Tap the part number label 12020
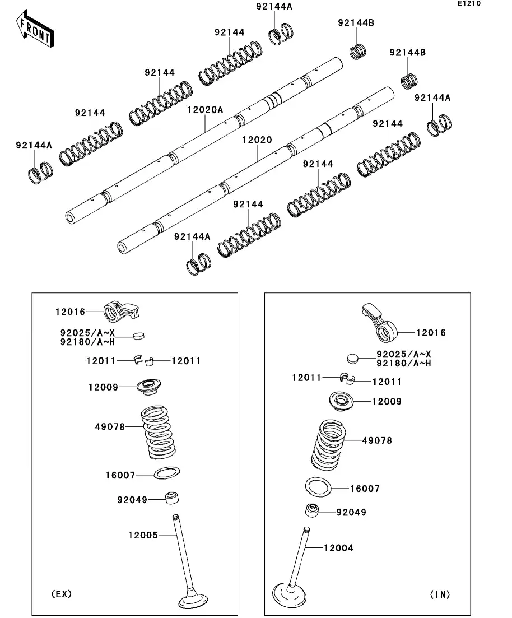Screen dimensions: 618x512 [257, 140]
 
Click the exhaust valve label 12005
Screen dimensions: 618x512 [143, 535]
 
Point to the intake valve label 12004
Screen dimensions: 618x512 [338, 548]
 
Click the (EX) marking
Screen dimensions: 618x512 [61, 594]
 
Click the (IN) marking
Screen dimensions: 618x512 [440, 594]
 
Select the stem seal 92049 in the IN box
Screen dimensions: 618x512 [313, 512]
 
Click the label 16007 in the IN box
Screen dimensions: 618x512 [365, 489]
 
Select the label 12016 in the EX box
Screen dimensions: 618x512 [70, 312]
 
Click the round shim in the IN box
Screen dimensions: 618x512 [353, 357]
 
